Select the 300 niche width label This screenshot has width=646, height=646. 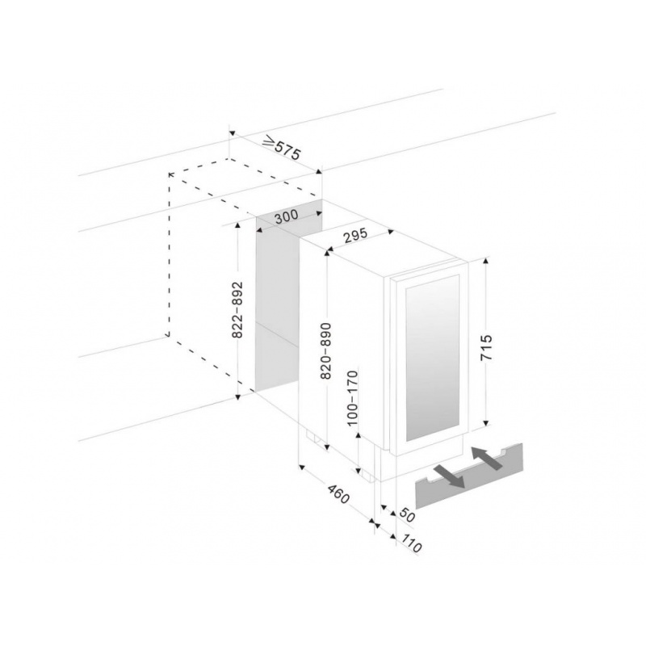point(287,216)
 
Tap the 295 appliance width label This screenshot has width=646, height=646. point(354,235)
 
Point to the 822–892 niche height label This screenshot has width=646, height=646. point(237,310)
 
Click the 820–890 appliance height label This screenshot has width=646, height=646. point(325,350)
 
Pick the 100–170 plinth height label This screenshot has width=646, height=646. point(353,398)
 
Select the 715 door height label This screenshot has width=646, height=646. point(487,348)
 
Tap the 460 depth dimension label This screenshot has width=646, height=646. point(338,494)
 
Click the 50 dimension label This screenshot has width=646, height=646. point(407,515)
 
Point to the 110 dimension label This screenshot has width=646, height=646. point(411,543)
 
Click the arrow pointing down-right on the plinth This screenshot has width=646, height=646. point(449,476)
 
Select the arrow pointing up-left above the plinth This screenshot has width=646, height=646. point(487,457)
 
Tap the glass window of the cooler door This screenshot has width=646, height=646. point(432,359)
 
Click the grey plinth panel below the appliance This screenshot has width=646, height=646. point(469,476)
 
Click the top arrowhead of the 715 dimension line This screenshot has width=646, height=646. point(486,260)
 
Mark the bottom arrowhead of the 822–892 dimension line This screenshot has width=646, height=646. point(237,396)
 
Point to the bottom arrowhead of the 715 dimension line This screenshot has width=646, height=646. point(486,422)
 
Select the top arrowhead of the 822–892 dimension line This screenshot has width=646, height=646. point(237,225)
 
